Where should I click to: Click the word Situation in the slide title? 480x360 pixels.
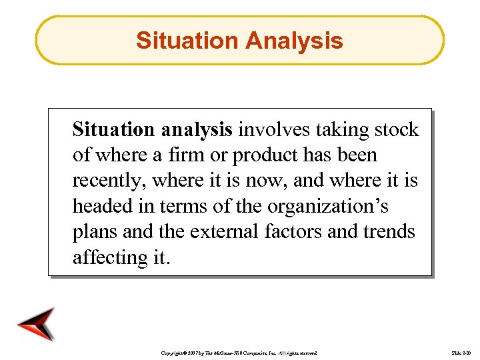[x=187, y=41]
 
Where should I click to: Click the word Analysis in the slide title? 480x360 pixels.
[x=294, y=41]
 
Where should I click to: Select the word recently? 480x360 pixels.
[x=109, y=181]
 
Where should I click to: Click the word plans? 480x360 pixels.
[x=94, y=232]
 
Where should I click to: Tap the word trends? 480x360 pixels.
[x=389, y=231]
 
